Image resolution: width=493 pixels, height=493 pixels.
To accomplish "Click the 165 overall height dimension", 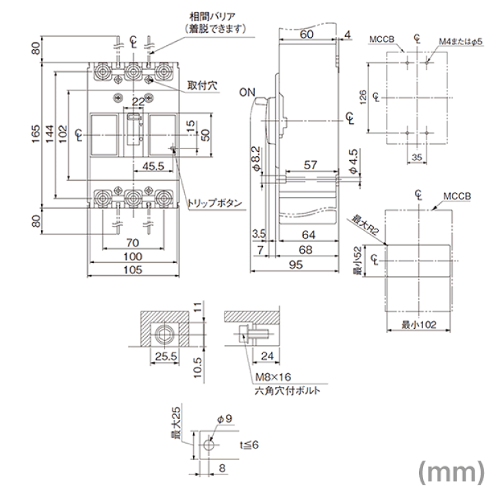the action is [x=36, y=134].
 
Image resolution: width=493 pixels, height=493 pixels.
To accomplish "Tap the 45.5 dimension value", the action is [x=153, y=166].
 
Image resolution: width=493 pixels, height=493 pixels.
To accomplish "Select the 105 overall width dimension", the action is [x=133, y=270].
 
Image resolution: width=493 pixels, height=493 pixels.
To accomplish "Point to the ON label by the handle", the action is [x=247, y=92].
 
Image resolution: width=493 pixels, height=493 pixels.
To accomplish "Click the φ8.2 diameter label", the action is [x=256, y=159].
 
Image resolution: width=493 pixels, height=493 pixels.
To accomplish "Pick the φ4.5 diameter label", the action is [x=353, y=162].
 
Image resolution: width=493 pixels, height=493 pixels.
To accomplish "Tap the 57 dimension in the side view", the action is [x=310, y=165].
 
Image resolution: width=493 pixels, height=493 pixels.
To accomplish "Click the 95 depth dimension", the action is [x=296, y=265].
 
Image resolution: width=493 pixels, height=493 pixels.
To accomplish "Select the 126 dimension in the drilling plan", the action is [x=363, y=97].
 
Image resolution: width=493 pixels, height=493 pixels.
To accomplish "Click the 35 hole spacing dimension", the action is [x=417, y=157].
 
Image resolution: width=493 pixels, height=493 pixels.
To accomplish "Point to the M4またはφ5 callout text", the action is [x=461, y=42].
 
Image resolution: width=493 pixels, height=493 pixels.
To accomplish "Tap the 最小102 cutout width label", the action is [x=419, y=325].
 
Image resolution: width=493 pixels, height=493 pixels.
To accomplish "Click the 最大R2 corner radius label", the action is [x=365, y=225].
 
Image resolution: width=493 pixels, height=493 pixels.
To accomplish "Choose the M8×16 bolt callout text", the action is [x=273, y=377].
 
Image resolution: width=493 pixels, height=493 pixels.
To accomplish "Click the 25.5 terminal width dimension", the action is [x=166, y=357].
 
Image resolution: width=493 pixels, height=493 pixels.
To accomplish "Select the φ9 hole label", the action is [x=225, y=419].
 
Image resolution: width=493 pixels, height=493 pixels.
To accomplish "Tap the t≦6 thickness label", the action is [x=249, y=444].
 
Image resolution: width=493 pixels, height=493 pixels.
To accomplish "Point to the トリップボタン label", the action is [x=215, y=203].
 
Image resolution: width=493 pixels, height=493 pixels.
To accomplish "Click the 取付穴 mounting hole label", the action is [x=202, y=85].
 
